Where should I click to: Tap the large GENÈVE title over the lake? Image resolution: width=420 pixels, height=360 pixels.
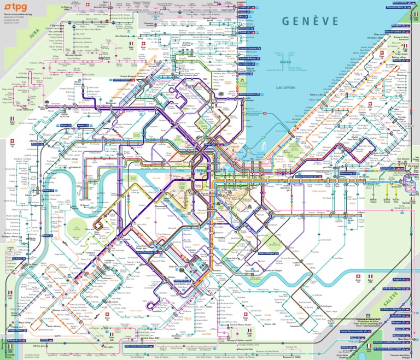pos(310,21)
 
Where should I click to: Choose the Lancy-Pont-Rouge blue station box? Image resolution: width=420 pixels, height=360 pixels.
pos(149,253)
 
